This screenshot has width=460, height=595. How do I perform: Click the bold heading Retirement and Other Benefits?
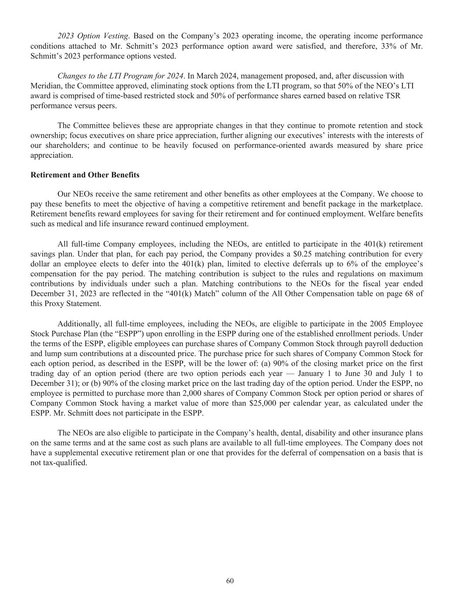85,175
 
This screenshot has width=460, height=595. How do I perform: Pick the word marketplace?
401,204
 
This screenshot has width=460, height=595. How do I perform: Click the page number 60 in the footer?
230,581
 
